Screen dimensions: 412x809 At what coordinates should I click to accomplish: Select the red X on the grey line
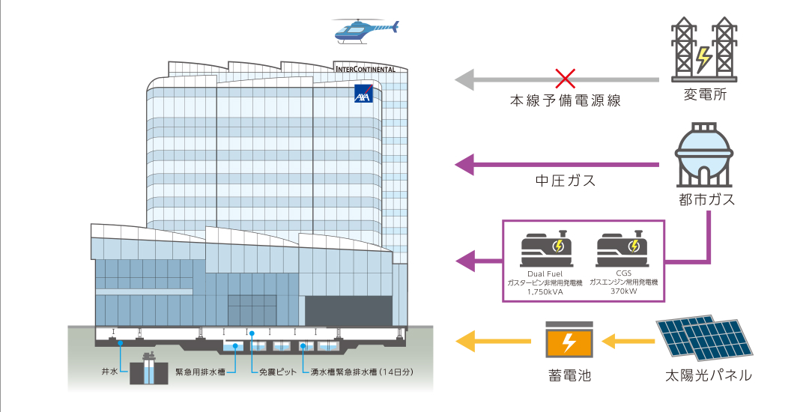tap(565, 79)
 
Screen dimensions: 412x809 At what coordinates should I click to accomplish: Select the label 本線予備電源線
tap(565, 100)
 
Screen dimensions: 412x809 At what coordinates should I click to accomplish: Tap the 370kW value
tap(623, 291)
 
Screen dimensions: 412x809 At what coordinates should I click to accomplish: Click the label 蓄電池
tap(569, 375)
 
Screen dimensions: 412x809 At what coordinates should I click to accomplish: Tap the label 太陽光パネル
tap(708, 375)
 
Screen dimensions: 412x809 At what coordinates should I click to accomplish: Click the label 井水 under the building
tap(109, 372)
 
